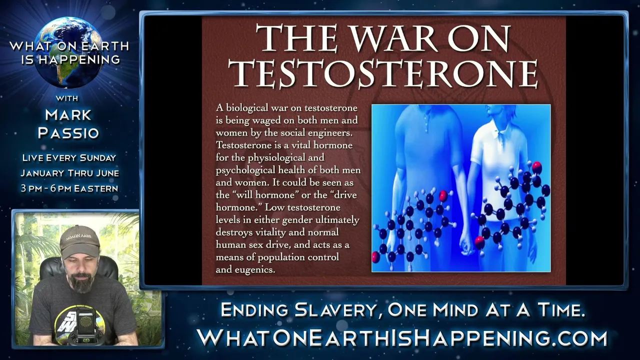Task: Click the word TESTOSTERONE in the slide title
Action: (383, 73)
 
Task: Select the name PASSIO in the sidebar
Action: (68, 133)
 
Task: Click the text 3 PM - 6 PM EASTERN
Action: (69, 188)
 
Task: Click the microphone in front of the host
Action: (85, 325)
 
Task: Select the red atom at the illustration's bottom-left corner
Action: (376, 257)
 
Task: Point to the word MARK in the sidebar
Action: (68, 115)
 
